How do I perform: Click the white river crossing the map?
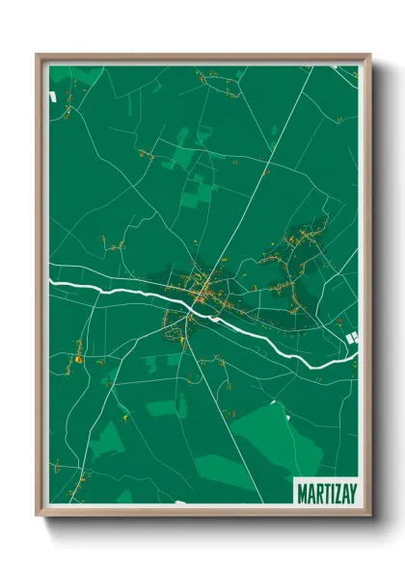[x=116, y=288]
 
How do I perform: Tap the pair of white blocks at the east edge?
[x=352, y=337]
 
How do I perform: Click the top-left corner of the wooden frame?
[x=38, y=55]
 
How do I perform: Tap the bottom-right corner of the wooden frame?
[x=369, y=516]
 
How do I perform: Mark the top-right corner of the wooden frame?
[x=369, y=55]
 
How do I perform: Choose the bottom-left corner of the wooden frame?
[x=38, y=516]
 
